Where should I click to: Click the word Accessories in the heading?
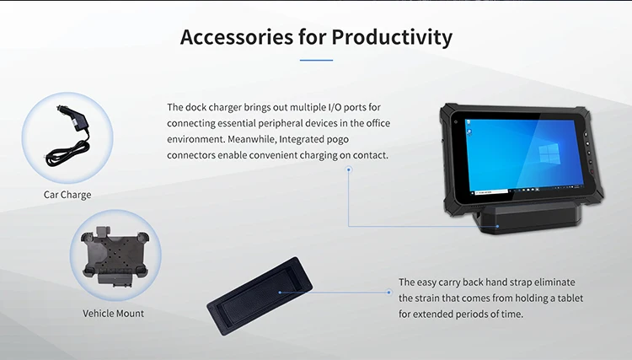237,37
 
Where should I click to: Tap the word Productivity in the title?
392,38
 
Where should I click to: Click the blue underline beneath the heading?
316,61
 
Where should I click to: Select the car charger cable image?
67,136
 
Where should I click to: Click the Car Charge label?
67,195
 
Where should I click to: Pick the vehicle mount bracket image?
115,256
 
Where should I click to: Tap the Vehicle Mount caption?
113,314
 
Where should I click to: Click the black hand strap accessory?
260,296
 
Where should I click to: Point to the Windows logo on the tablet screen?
549,155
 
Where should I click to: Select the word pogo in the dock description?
338,139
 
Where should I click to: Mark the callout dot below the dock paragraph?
349,169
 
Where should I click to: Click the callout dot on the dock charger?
497,226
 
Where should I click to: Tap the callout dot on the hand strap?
280,293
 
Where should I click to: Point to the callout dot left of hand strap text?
388,293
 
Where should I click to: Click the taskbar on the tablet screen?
528,190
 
